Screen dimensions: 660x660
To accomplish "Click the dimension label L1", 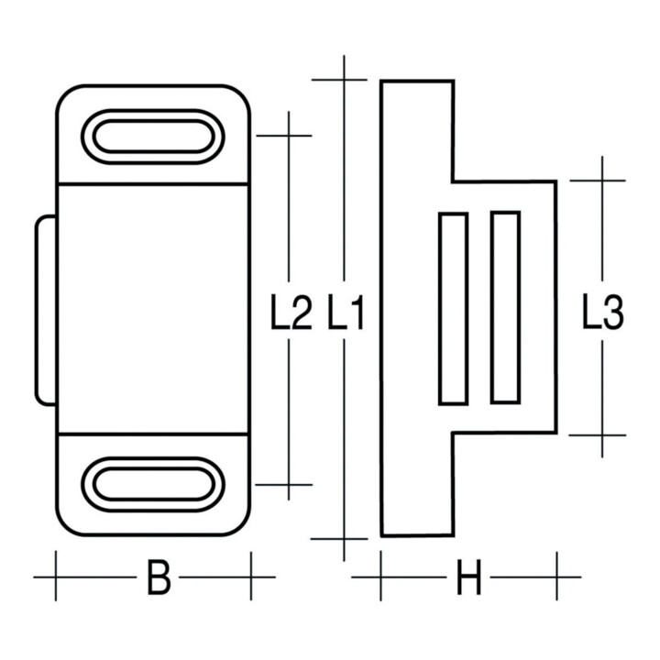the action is point(346,312).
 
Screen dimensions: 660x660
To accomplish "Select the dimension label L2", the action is point(291,312).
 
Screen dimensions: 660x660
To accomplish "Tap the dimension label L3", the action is point(603,312).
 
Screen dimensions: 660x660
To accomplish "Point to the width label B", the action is point(159,577).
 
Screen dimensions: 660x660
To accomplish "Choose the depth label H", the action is point(468,577).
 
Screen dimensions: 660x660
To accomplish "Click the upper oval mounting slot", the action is point(153,137).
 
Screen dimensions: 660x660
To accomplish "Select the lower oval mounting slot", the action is point(153,484).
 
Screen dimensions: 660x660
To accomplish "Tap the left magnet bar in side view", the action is point(454,309).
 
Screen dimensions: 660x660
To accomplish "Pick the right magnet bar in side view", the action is point(505,308).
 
